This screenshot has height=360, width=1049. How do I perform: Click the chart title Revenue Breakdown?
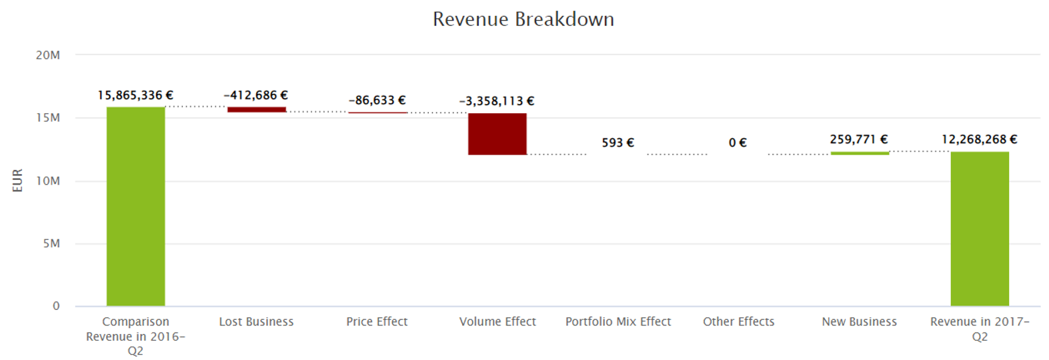coord(523,19)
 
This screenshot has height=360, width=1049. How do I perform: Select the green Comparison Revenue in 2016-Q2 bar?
coord(135,207)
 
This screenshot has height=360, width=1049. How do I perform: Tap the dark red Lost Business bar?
coord(257,109)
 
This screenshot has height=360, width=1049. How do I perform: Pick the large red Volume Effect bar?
coord(497,134)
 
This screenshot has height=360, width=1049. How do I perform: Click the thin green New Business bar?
coord(860,153)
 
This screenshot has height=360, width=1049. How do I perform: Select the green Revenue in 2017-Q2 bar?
coord(980,229)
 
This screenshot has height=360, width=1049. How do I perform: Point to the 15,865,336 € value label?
coord(135,95)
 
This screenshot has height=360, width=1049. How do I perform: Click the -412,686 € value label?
coord(256,95)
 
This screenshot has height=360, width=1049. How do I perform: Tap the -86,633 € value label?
coord(377,101)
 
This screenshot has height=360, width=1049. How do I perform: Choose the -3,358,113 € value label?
coord(497,101)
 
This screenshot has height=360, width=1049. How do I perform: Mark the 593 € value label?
coord(618,143)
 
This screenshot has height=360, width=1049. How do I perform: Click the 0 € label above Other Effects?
coord(738,143)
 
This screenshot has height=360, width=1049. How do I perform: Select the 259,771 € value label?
coord(859,139)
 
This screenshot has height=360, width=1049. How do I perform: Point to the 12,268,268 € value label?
coord(979,139)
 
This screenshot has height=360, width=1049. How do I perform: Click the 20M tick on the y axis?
coord(48,55)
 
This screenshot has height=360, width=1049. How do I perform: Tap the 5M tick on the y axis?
coord(51,244)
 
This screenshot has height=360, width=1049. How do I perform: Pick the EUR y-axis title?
coord(17,181)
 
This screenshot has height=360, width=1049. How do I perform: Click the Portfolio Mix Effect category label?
coord(618,322)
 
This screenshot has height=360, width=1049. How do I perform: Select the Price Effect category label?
coord(377,322)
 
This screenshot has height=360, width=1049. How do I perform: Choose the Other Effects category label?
coord(739,322)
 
